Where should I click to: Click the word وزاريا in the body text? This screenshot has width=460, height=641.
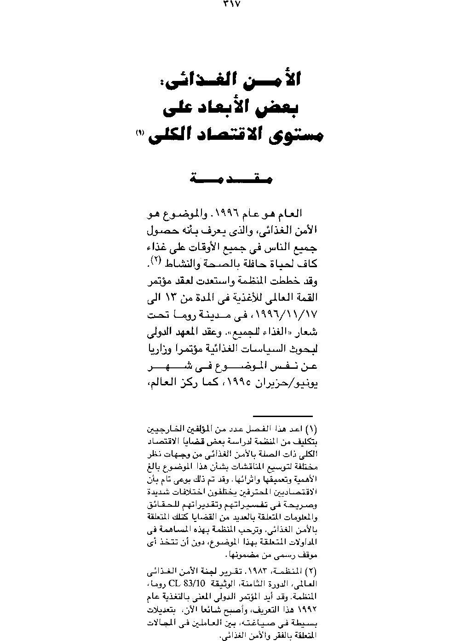tap(161, 352)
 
